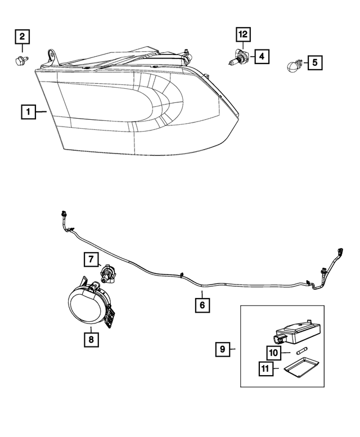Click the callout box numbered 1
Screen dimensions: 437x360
[26, 112]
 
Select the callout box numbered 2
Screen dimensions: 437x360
[22, 38]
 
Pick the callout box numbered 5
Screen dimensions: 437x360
[314, 61]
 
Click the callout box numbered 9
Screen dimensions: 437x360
[223, 349]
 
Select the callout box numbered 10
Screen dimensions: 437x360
[274, 352]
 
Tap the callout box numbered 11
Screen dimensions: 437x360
[265, 369]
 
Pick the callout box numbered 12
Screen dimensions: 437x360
[243, 35]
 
